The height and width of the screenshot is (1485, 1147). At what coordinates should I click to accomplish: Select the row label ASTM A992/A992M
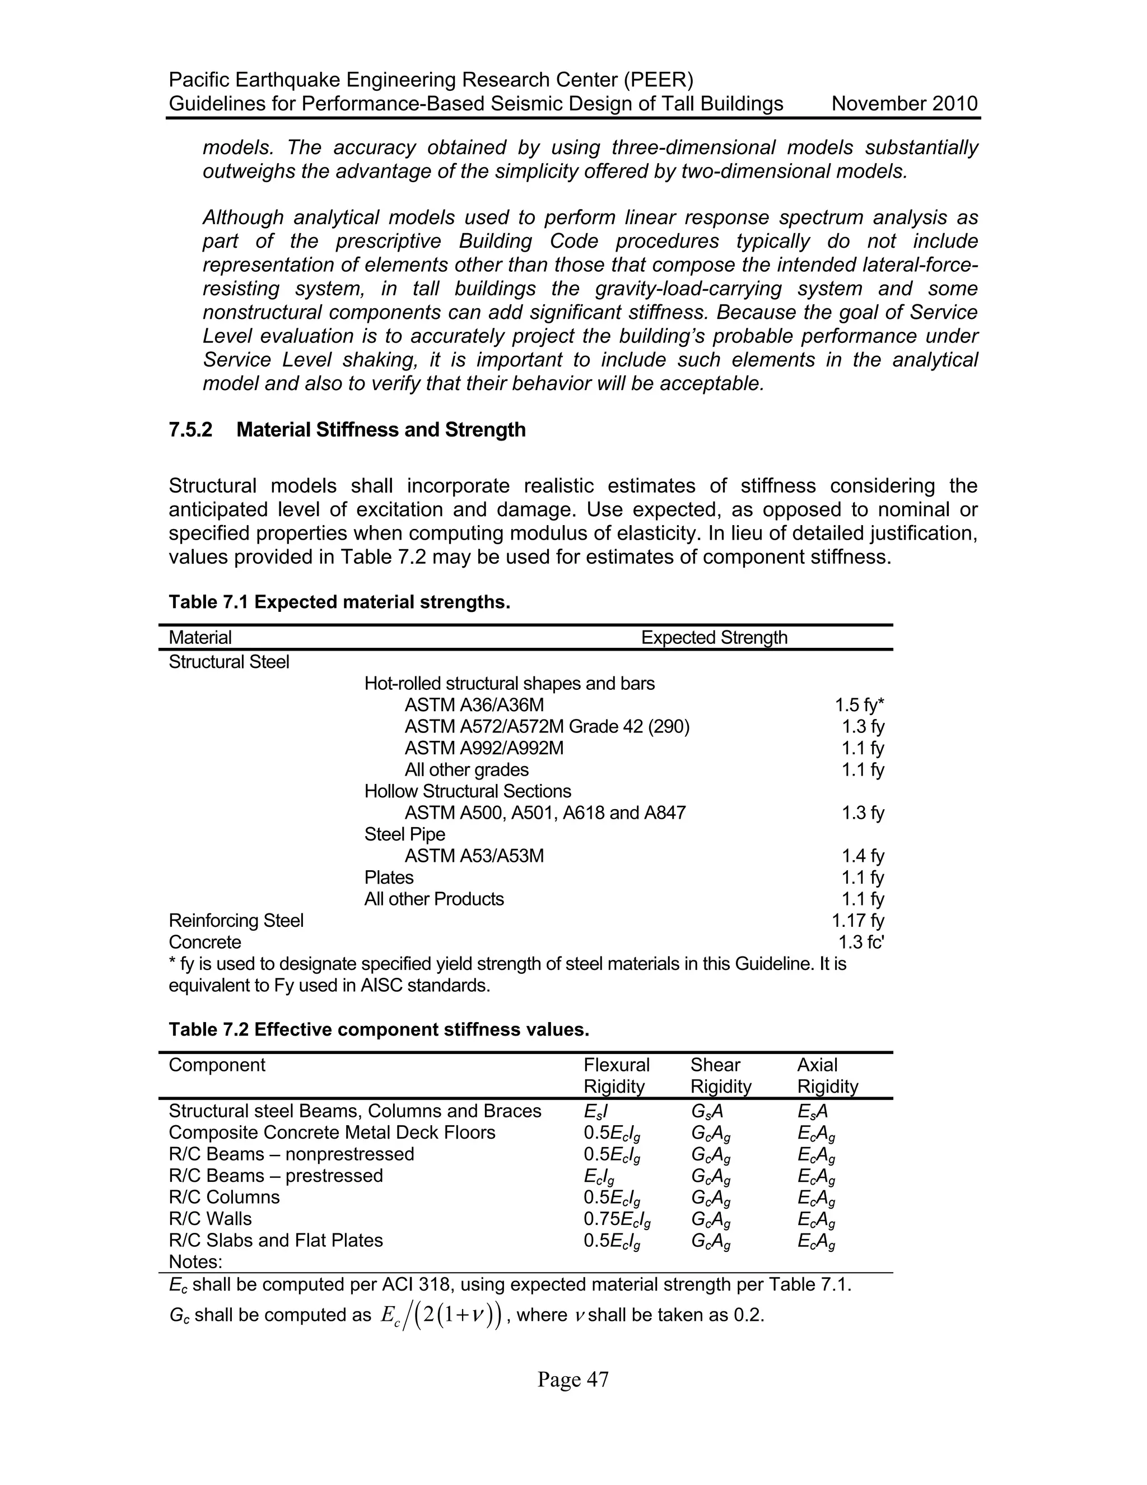[x=484, y=748]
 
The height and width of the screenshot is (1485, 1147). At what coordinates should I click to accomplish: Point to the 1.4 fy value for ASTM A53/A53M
[x=862, y=856]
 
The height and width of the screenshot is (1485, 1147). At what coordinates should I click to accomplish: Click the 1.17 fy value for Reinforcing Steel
[x=857, y=921]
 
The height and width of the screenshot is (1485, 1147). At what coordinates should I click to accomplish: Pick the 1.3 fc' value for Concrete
[x=861, y=943]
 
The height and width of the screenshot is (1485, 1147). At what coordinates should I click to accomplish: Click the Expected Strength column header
[x=714, y=638]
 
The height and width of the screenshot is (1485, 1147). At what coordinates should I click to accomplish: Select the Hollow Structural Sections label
[x=468, y=791]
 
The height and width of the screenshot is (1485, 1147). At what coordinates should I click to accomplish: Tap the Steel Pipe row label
[x=404, y=834]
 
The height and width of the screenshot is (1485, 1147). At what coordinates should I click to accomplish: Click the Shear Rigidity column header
[x=720, y=1076]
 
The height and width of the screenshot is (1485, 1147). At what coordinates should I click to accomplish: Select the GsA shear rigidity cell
[x=706, y=1112]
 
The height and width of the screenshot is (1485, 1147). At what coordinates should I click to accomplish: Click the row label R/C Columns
[x=223, y=1198]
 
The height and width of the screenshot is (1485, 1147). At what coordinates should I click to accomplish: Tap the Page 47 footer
[x=573, y=1380]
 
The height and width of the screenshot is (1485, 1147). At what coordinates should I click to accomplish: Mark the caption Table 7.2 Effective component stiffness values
[x=379, y=1029]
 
